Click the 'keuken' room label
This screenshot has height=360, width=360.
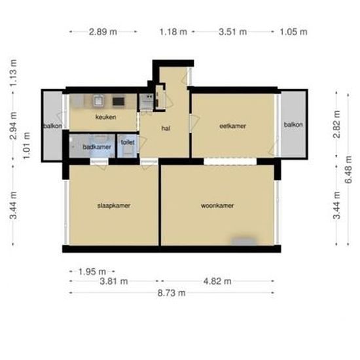[x=105, y=117]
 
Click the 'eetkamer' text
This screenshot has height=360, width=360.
[x=232, y=126]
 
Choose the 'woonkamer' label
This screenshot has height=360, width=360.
[x=217, y=206]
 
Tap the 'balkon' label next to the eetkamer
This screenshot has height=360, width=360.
[x=293, y=125]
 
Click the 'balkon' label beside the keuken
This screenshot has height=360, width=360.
[x=52, y=126]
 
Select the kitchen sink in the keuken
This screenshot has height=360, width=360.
[x=97, y=101]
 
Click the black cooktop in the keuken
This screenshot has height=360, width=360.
[x=118, y=101]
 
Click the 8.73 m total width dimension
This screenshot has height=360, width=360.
[x=171, y=293]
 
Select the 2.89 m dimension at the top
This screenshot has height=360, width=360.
[x=103, y=31]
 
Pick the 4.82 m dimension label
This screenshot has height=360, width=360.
[x=217, y=281]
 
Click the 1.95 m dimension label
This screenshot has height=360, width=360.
[x=92, y=271]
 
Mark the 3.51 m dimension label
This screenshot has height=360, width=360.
[x=232, y=31]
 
